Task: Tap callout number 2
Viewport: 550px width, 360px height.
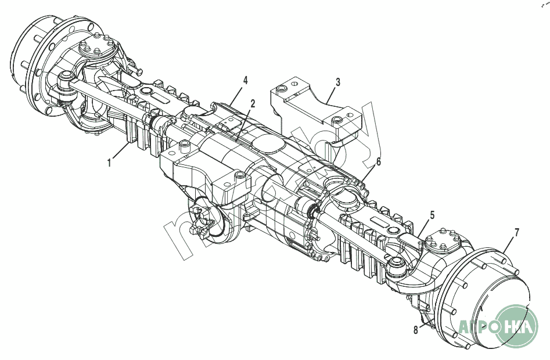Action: [x=253, y=104]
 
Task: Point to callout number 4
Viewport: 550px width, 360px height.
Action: [x=246, y=80]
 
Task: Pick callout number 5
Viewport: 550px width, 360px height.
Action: [x=432, y=215]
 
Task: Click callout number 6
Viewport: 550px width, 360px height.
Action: [x=378, y=162]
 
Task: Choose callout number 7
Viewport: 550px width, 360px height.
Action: [x=516, y=234]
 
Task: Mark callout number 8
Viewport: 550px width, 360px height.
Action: [x=415, y=330]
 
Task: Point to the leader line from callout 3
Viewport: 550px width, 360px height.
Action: [x=332, y=93]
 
